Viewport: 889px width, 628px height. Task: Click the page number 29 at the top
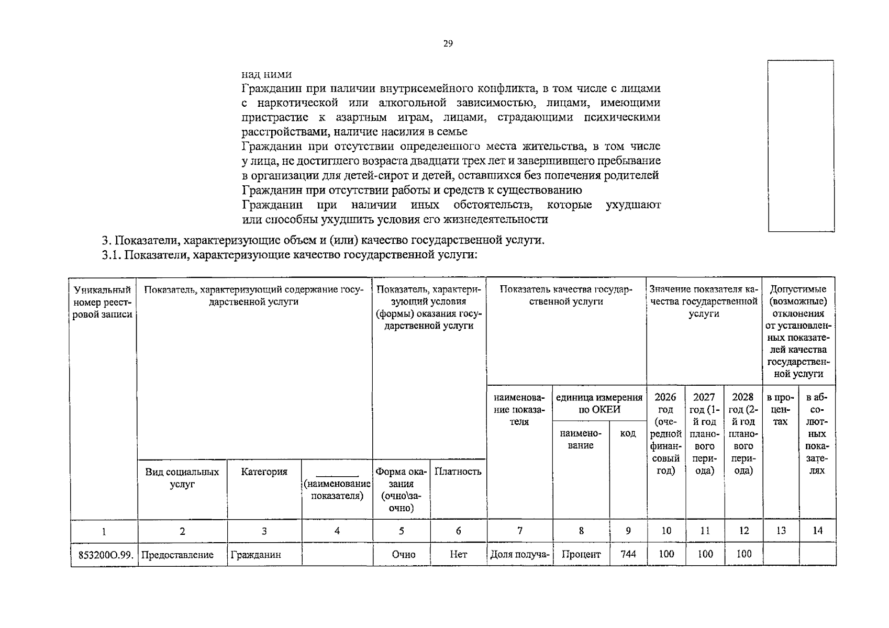click(x=448, y=43)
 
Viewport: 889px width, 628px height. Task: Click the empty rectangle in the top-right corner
click(x=801, y=145)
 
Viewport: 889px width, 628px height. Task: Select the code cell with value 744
click(x=628, y=554)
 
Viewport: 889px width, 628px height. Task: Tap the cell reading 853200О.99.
click(x=104, y=555)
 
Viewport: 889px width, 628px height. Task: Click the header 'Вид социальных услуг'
click(x=182, y=478)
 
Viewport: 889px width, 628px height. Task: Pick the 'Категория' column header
click(x=264, y=472)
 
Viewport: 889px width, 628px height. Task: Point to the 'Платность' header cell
click(x=458, y=471)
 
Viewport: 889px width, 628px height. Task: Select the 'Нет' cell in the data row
click(x=458, y=554)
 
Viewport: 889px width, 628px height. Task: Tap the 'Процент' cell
click(x=581, y=554)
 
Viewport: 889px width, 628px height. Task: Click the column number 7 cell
click(x=519, y=531)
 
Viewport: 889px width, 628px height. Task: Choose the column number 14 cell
click(x=817, y=531)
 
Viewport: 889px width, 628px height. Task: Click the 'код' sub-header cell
click(x=628, y=433)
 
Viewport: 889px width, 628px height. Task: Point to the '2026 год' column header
click(x=665, y=433)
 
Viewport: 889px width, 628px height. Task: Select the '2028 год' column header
click(x=743, y=433)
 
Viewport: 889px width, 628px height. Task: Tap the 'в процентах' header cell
click(x=780, y=409)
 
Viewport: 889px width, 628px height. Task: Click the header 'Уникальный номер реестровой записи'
click(x=103, y=302)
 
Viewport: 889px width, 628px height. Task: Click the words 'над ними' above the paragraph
click(x=266, y=74)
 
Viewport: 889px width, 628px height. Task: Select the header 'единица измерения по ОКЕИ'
click(x=599, y=403)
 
